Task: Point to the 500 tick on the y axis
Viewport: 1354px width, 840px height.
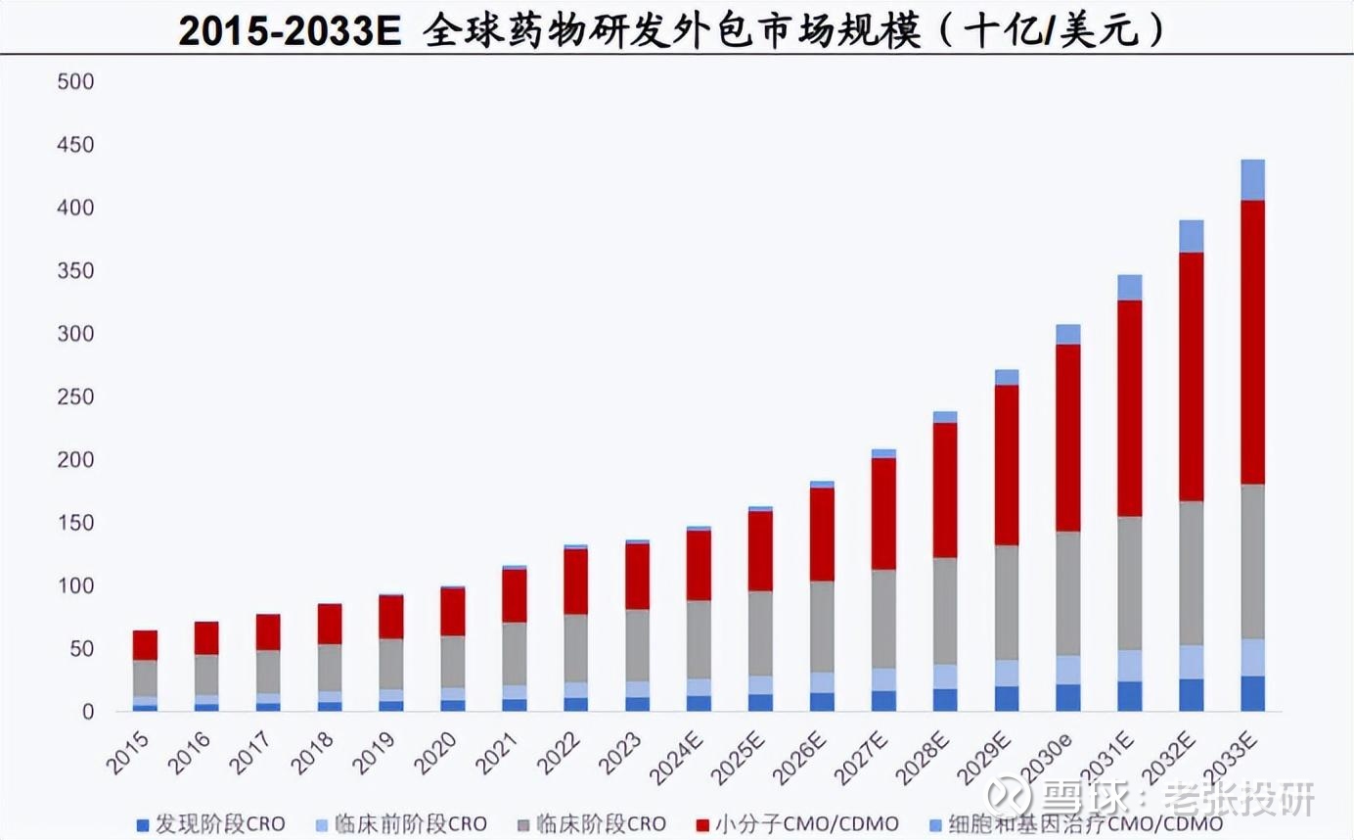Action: point(75,82)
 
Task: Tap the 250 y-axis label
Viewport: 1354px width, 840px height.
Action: point(75,397)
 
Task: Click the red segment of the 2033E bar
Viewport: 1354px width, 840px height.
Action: point(1252,343)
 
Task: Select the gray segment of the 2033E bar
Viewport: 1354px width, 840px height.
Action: point(1252,561)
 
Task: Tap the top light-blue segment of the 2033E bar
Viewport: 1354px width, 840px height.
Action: point(1252,180)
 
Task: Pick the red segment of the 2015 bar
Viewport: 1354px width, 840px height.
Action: point(145,645)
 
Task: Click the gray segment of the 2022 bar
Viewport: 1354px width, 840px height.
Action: point(575,648)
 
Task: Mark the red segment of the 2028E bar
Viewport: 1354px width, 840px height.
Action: point(944,490)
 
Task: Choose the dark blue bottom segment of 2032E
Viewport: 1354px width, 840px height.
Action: point(1191,695)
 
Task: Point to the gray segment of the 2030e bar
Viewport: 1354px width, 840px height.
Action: point(1067,593)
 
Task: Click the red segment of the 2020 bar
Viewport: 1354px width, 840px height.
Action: point(452,612)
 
